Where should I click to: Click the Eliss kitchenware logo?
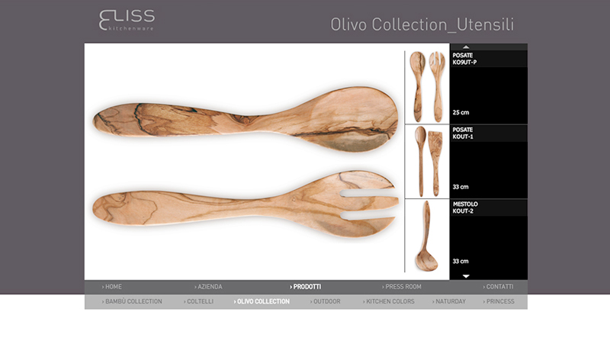click(x=127, y=20)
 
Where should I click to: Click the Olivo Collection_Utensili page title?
click(x=422, y=24)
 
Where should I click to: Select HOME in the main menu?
click(x=111, y=287)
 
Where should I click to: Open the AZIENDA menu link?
click(x=208, y=287)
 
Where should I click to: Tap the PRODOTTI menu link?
click(x=306, y=287)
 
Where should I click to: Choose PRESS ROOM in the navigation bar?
click(x=402, y=287)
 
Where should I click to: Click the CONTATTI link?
click(x=498, y=287)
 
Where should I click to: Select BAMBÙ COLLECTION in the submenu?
click(x=132, y=301)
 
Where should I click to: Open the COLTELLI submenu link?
click(x=198, y=301)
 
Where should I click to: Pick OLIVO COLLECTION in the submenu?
click(x=262, y=301)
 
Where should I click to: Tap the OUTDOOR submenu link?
click(x=325, y=301)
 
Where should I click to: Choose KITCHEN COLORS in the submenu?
click(x=388, y=301)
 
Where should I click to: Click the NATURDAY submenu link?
click(x=448, y=301)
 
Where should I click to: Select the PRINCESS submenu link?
click(x=499, y=301)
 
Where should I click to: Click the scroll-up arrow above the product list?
click(x=466, y=47)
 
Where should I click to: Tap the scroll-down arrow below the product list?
click(x=466, y=276)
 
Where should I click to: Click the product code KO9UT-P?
click(x=464, y=63)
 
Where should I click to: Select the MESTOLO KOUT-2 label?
click(x=465, y=207)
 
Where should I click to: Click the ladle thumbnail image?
click(x=427, y=236)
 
